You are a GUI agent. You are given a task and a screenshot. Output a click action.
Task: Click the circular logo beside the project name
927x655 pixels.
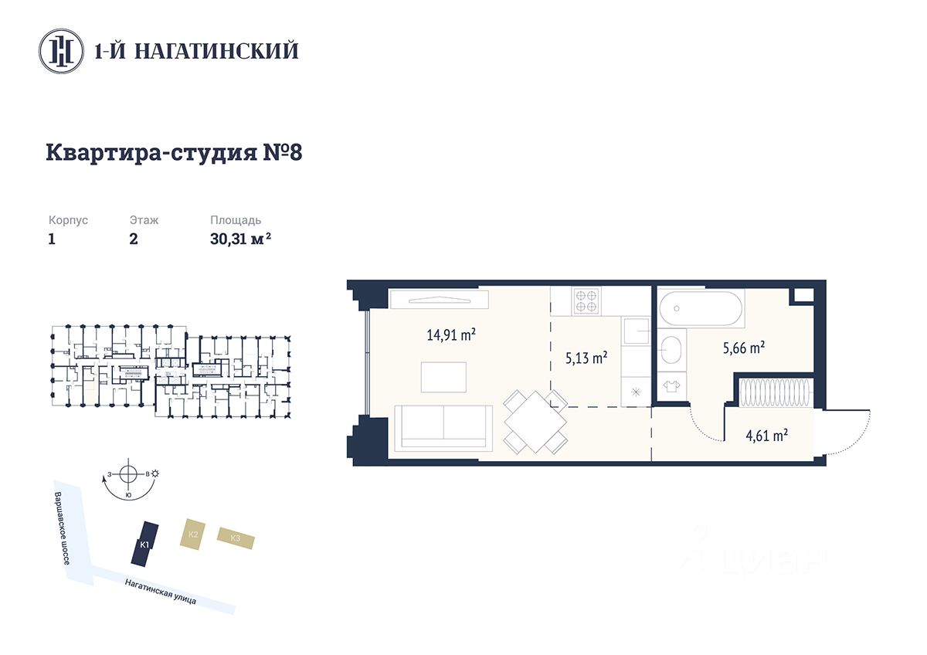(61, 51)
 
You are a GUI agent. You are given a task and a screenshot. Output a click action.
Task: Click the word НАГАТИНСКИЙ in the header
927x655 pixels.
(217, 50)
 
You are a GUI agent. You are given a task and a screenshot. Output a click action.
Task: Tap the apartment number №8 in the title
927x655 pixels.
(283, 152)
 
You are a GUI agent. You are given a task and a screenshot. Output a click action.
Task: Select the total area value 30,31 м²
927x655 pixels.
(240, 239)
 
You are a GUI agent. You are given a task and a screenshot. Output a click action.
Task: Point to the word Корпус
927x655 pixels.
(68, 220)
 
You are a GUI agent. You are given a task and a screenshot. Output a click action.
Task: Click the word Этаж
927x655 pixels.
(144, 220)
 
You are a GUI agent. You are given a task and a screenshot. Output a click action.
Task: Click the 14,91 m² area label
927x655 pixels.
(451, 334)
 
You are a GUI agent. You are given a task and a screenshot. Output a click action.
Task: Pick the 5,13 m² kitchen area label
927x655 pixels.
(586, 358)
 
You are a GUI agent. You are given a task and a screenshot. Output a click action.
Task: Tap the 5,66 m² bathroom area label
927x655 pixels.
(744, 348)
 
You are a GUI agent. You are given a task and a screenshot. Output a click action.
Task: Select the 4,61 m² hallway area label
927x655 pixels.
(767, 436)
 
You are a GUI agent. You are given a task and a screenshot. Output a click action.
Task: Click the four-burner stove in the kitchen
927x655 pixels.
(586, 300)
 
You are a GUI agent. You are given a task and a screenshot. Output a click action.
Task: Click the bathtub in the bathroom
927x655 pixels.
(701, 309)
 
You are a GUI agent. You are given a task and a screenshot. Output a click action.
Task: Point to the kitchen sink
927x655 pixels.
(636, 331)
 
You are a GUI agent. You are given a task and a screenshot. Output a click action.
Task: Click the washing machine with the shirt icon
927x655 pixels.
(671, 386)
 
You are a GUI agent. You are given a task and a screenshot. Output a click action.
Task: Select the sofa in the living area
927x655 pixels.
(443, 428)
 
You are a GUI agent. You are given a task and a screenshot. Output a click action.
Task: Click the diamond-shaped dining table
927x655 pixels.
(535, 422)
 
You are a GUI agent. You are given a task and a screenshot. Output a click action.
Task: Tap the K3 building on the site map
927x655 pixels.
(236, 538)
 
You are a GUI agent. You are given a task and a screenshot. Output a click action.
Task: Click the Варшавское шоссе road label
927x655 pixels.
(63, 528)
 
